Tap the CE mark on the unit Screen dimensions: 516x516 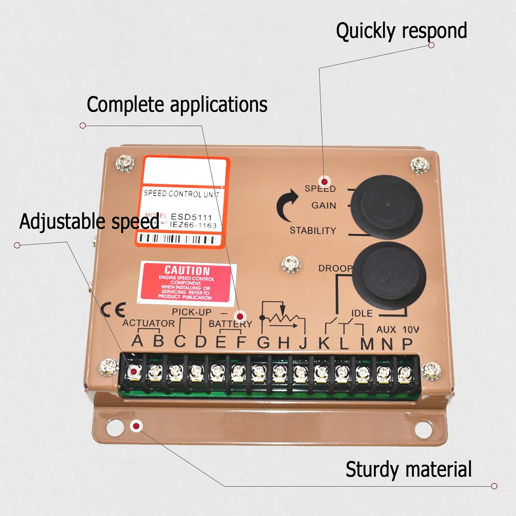[x=113, y=310]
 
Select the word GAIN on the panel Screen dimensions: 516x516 [x=324, y=205]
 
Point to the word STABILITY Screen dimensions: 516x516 [x=312, y=230]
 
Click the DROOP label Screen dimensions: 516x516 [x=335, y=268]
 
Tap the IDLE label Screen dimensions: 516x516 [x=362, y=313]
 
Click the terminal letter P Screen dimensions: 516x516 [x=407, y=343]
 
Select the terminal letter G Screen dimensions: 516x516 [x=264, y=342]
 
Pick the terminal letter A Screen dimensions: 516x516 [x=137, y=341]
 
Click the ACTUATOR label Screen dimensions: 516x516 [x=148, y=323]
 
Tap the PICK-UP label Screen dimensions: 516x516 [x=192, y=312]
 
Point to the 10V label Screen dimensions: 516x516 [x=410, y=330]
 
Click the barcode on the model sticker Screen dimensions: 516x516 [x=177, y=239]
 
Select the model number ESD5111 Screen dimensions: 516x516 [x=191, y=217]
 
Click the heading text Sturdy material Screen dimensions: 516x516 [x=408, y=470]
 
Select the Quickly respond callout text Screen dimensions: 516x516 [x=401, y=31]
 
